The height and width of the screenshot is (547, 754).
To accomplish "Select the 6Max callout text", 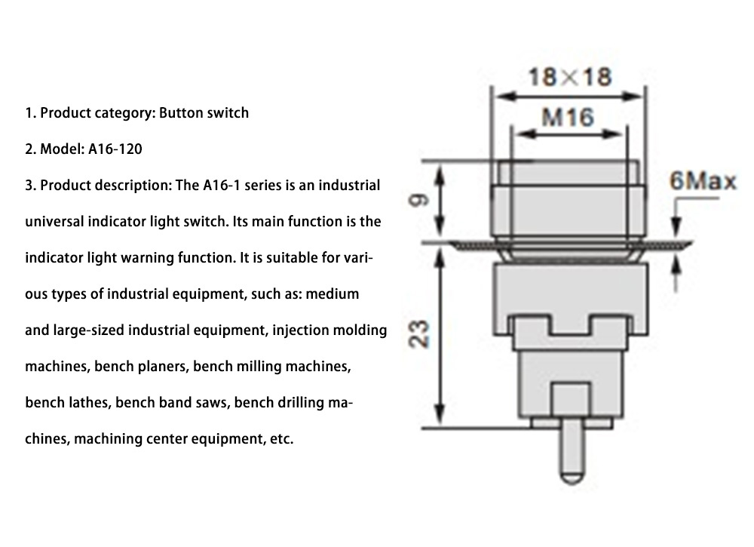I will [703, 183].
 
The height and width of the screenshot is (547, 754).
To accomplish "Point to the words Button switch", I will [204, 113].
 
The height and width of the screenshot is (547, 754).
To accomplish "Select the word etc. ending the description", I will [280, 438].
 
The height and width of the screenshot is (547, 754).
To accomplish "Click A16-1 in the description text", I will [222, 186].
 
